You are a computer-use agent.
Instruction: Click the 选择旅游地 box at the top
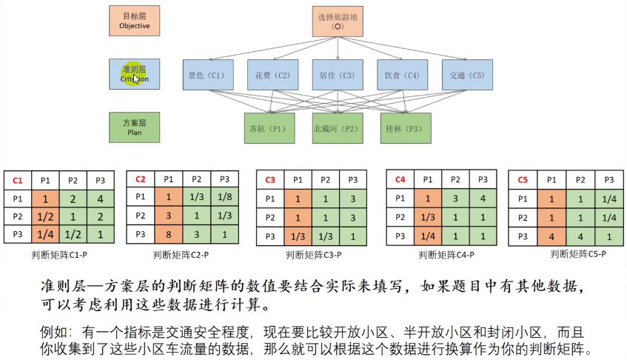(x=338, y=21)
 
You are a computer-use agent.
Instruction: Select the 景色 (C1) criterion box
(x=207, y=75)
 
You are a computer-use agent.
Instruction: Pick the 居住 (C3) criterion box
(x=338, y=75)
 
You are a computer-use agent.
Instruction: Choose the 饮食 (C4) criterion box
(x=402, y=75)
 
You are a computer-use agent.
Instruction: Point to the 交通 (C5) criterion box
(x=467, y=75)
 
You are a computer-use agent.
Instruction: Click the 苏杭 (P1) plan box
(x=269, y=128)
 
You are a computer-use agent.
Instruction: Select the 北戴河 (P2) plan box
(x=338, y=128)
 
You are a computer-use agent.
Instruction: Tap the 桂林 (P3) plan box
(x=405, y=128)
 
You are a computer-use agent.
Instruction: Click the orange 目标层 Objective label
(x=134, y=21)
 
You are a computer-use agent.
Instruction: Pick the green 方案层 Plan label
(x=134, y=127)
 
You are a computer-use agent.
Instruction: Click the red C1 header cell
(x=18, y=181)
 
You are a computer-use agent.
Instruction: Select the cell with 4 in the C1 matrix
(x=99, y=199)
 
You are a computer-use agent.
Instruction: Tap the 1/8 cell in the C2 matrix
(x=224, y=197)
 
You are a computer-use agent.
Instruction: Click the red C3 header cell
(x=270, y=181)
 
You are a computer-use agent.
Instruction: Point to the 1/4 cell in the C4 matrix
(x=427, y=236)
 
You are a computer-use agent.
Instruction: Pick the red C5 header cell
(x=523, y=180)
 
